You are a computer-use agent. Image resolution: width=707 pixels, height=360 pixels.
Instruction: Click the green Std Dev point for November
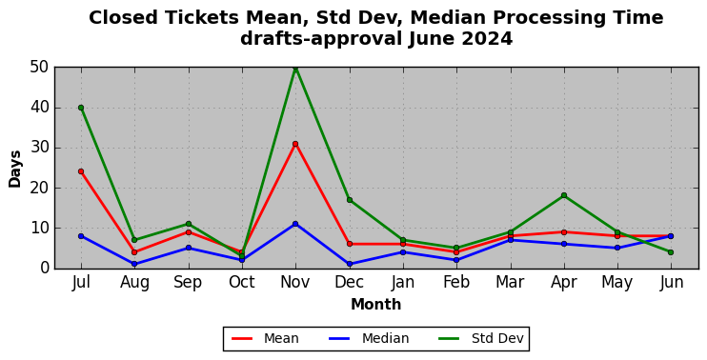tap(295, 68)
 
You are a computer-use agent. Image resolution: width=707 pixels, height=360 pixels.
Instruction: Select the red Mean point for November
tap(295, 144)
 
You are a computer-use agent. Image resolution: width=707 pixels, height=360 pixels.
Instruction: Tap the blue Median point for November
tap(295, 224)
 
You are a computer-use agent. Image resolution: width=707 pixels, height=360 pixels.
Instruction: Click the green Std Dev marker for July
tap(81, 108)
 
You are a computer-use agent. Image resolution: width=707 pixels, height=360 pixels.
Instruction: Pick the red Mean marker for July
tap(81, 171)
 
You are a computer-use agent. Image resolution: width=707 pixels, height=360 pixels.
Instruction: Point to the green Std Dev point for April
tap(564, 195)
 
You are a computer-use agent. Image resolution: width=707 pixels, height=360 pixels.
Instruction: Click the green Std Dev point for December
tap(350, 200)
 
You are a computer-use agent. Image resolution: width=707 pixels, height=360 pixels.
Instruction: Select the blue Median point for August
tap(134, 264)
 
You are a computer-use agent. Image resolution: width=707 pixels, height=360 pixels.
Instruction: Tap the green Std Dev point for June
tap(671, 252)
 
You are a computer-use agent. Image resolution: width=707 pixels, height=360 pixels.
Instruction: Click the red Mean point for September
tap(189, 232)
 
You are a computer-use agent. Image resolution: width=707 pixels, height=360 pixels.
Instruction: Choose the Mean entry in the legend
tap(265, 338)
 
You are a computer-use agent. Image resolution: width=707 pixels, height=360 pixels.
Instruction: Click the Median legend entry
tap(369, 338)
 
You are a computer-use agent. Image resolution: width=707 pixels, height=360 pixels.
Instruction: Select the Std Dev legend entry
tap(481, 338)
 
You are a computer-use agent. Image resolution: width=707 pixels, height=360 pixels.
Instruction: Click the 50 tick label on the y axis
tap(40, 68)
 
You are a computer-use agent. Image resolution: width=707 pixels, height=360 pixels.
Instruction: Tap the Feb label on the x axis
tap(456, 283)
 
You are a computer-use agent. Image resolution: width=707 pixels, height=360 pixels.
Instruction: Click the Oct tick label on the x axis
tap(242, 283)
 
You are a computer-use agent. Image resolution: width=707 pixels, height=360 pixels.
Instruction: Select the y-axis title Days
tap(15, 169)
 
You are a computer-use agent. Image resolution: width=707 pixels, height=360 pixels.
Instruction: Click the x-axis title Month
tap(376, 305)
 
